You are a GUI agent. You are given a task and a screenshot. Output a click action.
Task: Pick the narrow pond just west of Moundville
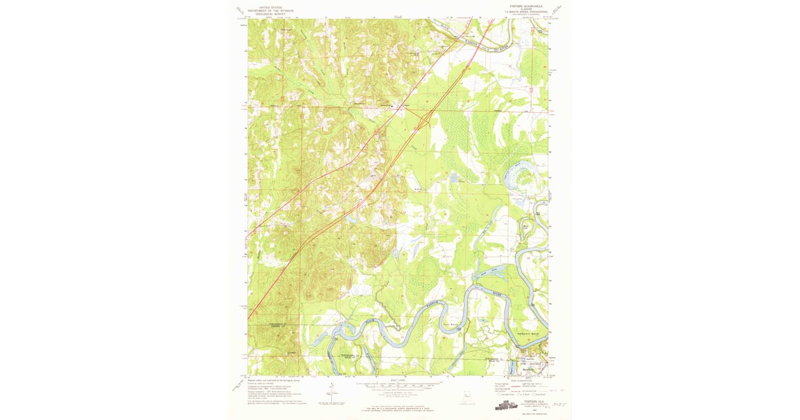pyautogui.click(x=512, y=365)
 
